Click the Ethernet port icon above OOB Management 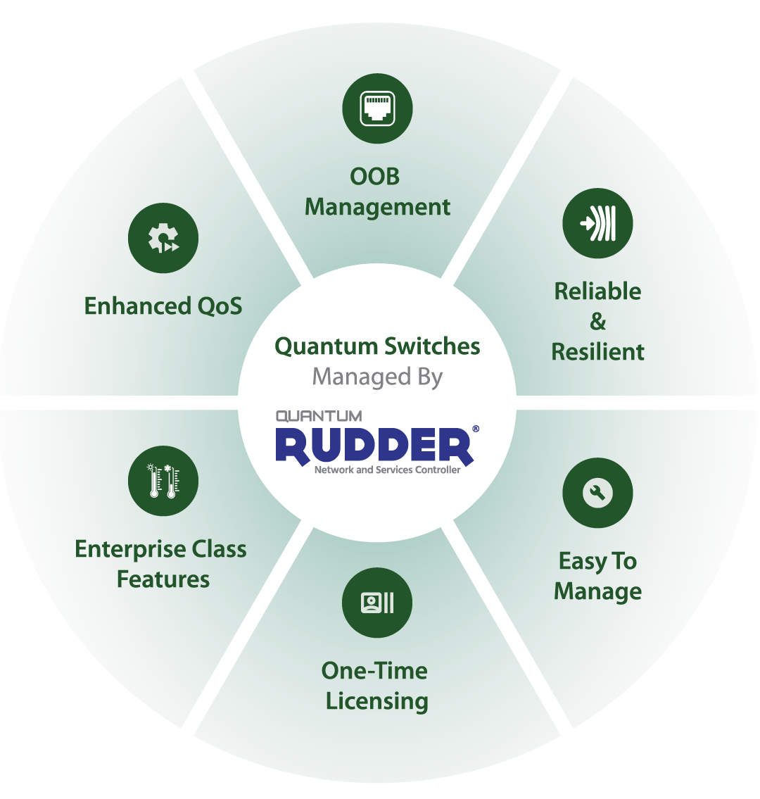tap(377, 108)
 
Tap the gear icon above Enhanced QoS tap(163, 239)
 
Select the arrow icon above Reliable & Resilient tap(597, 224)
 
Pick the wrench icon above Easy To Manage tap(597, 493)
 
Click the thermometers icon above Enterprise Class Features tap(163, 481)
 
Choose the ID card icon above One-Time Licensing tap(377, 603)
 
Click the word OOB tap(374, 176)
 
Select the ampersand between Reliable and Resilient tap(597, 322)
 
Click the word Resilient tap(597, 351)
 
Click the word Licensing tap(377, 701)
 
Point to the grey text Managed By tap(377, 377)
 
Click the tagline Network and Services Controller tap(387, 470)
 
